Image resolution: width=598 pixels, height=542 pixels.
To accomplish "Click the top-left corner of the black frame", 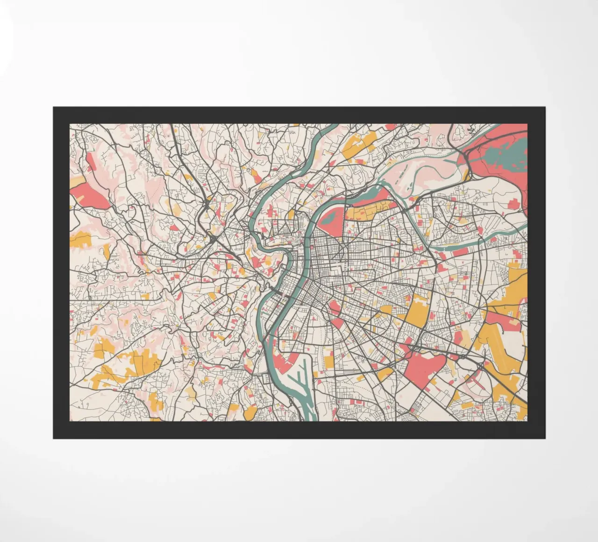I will point(54,107).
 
